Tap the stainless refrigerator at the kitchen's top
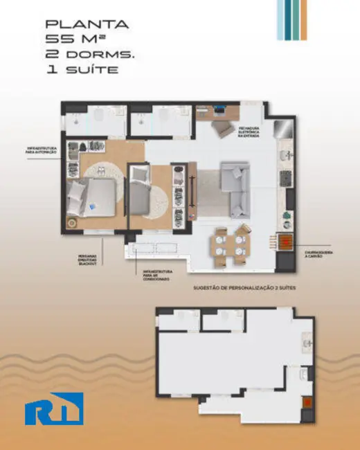tap(283, 129)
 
